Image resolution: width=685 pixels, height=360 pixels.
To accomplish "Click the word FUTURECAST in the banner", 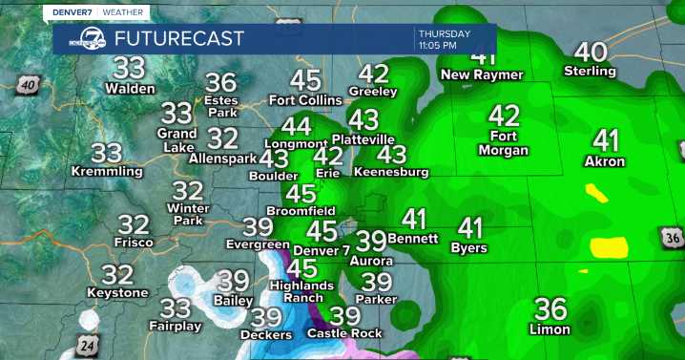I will (178, 38).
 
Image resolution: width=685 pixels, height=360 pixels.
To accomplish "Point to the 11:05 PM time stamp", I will (443, 46).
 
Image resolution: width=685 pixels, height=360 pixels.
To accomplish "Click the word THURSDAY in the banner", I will (444, 33).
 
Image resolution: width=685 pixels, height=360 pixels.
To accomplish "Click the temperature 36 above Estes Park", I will (220, 83).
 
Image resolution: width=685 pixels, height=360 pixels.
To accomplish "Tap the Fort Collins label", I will (305, 100).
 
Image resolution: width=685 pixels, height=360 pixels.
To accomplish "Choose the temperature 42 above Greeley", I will (373, 74).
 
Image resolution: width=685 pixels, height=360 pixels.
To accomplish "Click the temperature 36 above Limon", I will (550, 309).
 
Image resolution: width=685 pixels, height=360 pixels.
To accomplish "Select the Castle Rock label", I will (344, 333).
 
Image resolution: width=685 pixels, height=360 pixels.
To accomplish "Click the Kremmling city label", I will (107, 171).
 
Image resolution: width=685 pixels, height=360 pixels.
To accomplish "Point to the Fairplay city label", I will (175, 326).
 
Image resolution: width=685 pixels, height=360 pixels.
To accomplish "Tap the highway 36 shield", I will (672, 236).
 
